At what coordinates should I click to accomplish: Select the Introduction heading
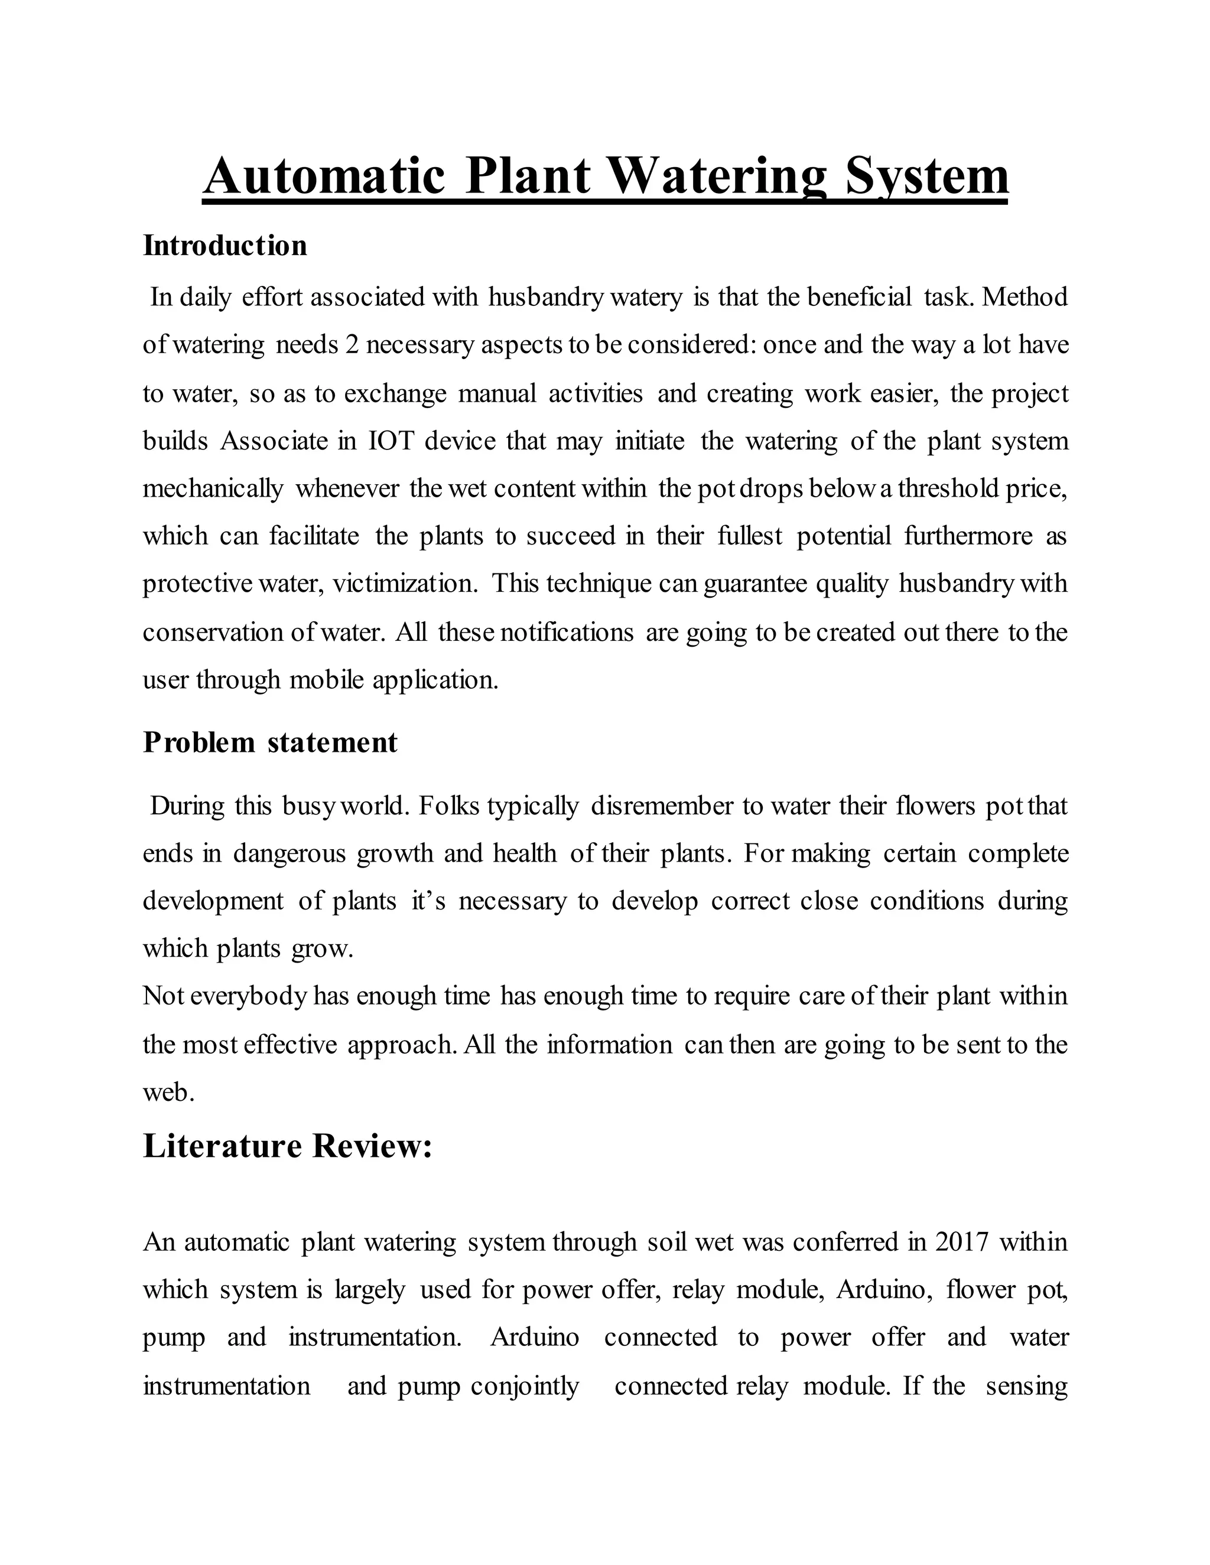[x=225, y=246]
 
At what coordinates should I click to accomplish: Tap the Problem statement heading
[x=270, y=742]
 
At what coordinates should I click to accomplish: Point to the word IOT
[x=391, y=441]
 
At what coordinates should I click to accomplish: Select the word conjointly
[x=525, y=1386]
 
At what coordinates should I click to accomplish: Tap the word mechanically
[x=213, y=489]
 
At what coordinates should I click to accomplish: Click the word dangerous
[x=290, y=853]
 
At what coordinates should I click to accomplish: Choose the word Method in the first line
[x=1025, y=296]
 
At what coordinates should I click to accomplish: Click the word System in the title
[x=927, y=175]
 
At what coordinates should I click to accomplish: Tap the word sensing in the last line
[x=1026, y=1386]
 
